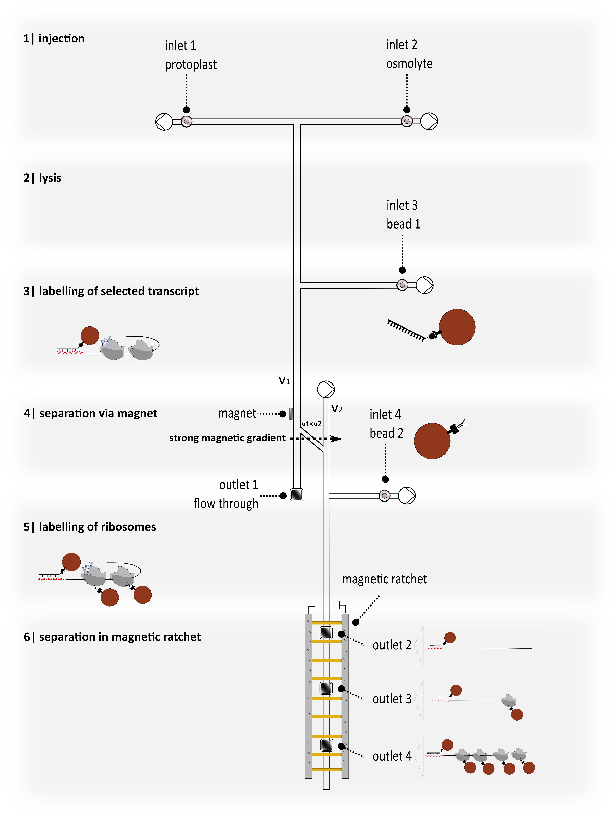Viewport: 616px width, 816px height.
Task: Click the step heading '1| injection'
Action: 54,38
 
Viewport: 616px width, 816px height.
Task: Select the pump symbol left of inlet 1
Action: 164,121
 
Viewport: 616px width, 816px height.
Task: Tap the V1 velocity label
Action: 284,380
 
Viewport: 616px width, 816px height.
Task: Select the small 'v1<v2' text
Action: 311,424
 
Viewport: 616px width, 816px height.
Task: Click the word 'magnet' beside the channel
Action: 237,413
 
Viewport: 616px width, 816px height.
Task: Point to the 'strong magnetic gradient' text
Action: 227,438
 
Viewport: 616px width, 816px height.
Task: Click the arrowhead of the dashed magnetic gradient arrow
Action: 337,439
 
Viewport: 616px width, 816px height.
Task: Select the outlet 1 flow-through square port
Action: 297,495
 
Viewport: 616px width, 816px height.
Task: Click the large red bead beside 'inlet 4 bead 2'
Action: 432,441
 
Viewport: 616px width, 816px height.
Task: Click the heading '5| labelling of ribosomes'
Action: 90,526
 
